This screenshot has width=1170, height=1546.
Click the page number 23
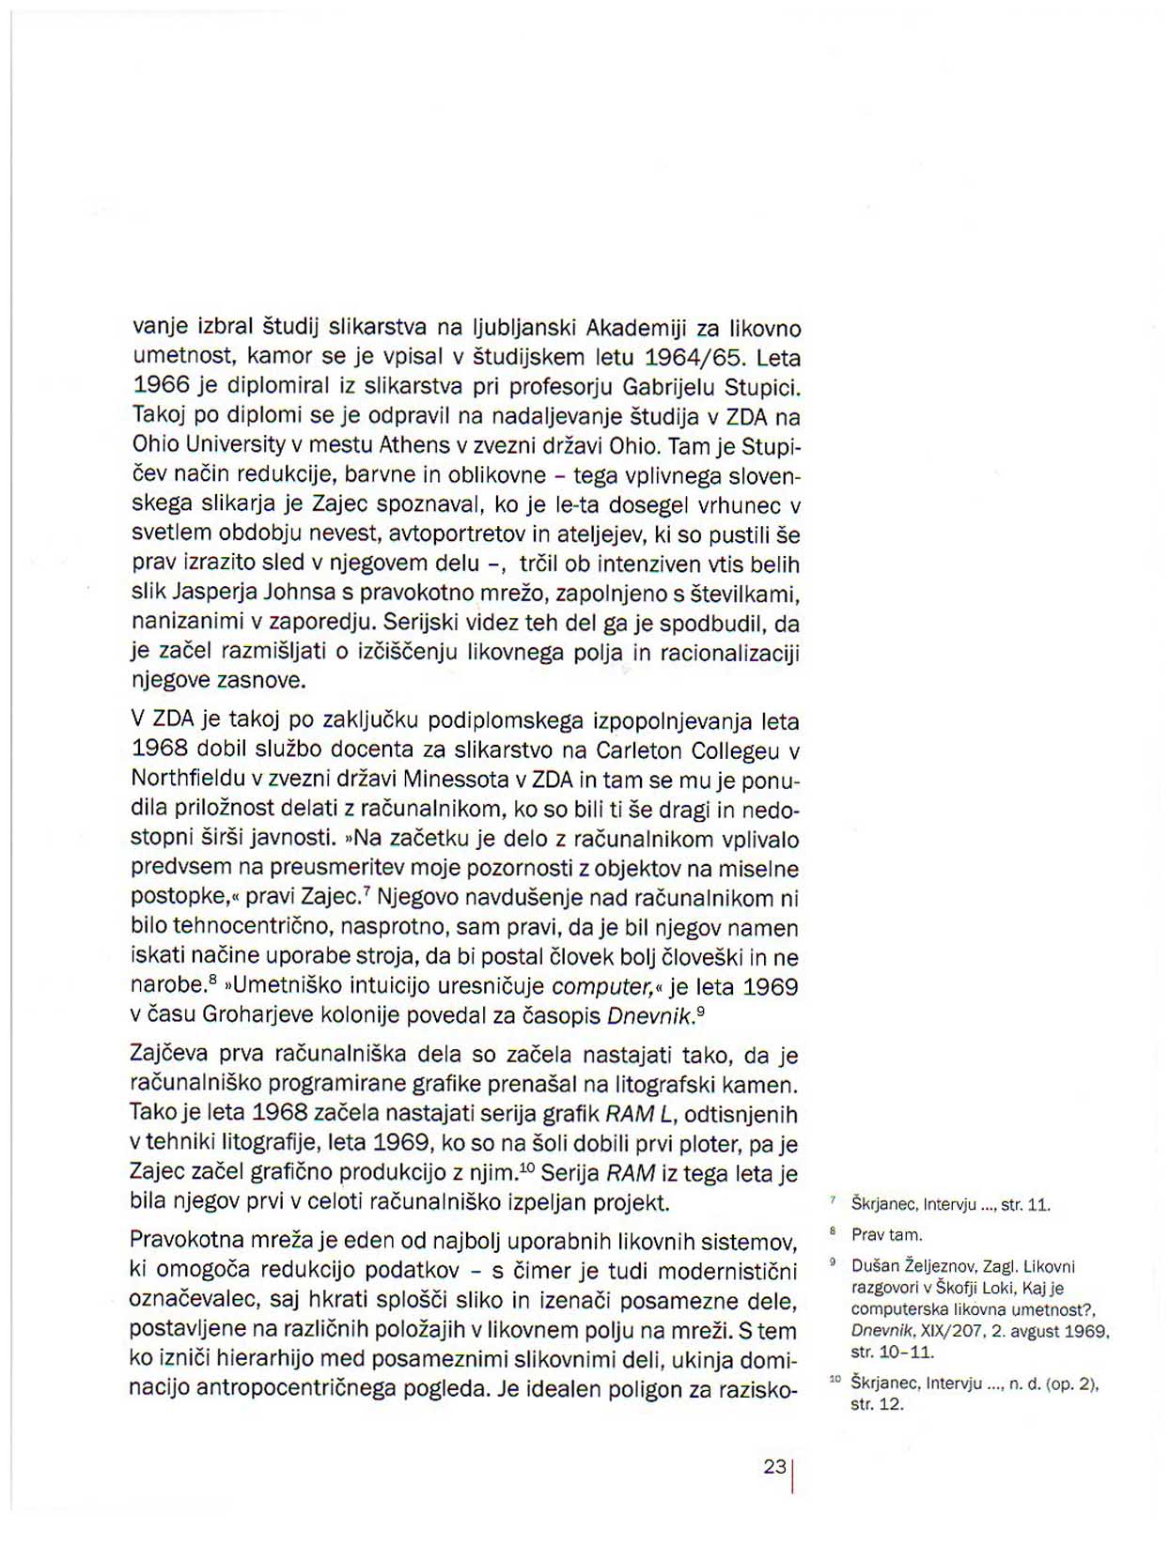point(774,1466)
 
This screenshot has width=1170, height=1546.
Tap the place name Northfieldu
point(187,780)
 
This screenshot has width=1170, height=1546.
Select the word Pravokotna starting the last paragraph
point(186,1241)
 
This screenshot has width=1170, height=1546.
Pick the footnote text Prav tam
point(887,1234)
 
